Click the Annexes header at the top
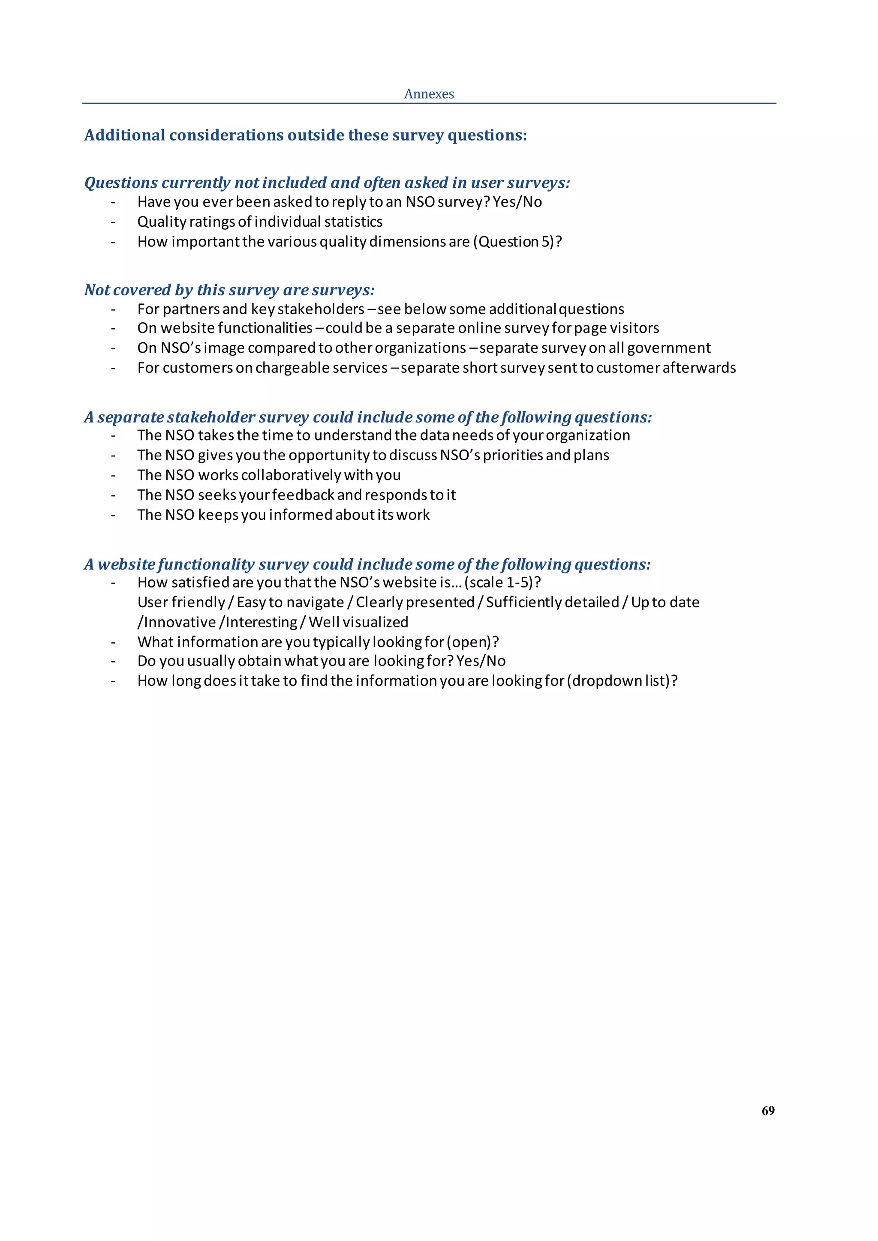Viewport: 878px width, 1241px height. (429, 94)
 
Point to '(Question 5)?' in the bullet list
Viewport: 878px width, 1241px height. (517, 242)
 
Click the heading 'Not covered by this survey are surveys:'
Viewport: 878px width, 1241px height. (229, 290)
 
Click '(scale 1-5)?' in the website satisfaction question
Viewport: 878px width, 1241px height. (502, 583)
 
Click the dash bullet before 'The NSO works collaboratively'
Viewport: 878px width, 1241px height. (113, 476)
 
